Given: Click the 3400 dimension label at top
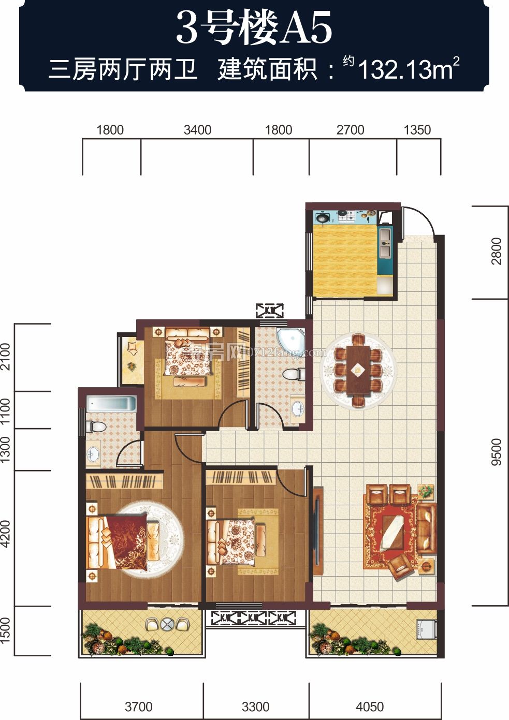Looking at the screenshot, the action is (x=197, y=130).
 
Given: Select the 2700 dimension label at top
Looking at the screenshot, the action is (x=350, y=130).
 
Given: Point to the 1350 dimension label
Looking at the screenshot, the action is (x=417, y=130).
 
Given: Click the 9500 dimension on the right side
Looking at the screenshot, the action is (x=497, y=451).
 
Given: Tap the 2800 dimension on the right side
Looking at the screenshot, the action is (x=497, y=251).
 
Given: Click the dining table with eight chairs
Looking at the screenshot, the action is (x=358, y=370).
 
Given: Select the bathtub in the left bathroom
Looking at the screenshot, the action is (x=111, y=404).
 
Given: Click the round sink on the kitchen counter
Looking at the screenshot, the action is (x=322, y=217).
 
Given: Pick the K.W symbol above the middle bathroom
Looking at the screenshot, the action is (x=270, y=311).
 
